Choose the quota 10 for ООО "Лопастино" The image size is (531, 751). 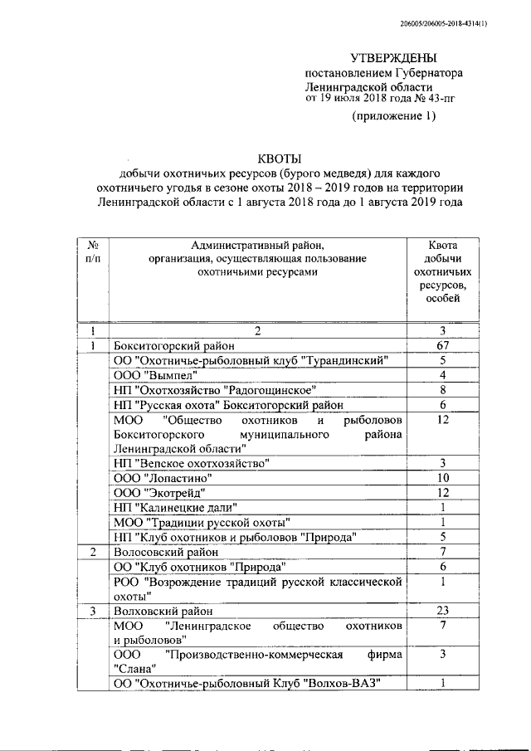[442, 478]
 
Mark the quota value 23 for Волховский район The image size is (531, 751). [442, 611]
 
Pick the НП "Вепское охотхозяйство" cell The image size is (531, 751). [191, 463]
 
